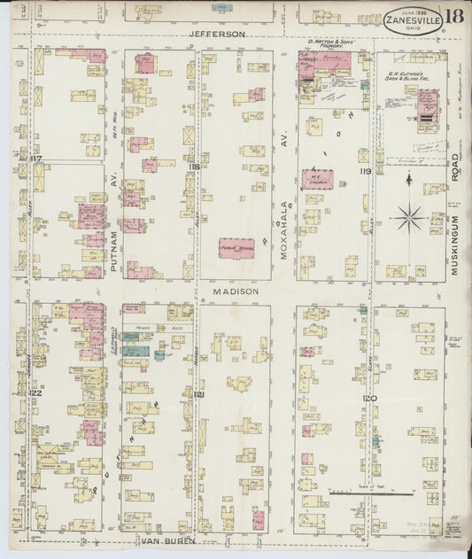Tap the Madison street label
click(235, 291)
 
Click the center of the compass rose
click(409, 214)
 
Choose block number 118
click(194, 166)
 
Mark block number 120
click(369, 399)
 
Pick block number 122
click(35, 392)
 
